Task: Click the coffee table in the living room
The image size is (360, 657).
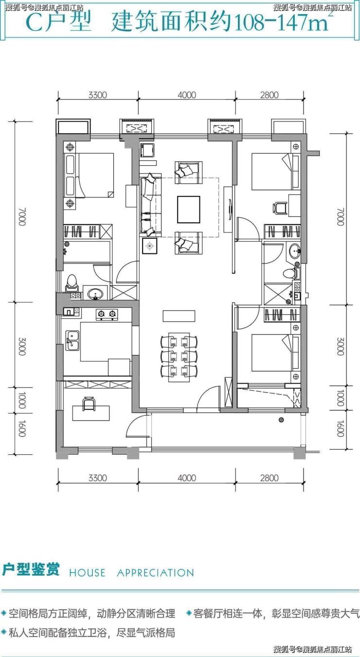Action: tap(188, 210)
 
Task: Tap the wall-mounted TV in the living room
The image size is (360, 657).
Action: tap(230, 209)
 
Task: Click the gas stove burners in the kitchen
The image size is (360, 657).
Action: tap(107, 314)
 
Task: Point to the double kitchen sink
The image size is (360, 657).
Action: tap(72, 340)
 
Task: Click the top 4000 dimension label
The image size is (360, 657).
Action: tap(187, 95)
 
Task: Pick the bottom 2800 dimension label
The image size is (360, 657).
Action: tap(270, 478)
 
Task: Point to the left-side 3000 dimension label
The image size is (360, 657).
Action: tap(22, 346)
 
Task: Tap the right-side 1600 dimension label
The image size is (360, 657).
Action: tap(340, 428)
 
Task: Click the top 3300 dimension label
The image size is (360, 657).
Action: tap(98, 95)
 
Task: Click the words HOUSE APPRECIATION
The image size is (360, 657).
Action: tap(131, 572)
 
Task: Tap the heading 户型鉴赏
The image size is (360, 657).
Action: tap(31, 569)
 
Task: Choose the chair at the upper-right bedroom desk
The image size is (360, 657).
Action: tap(279, 208)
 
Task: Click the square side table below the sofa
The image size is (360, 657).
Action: tap(150, 246)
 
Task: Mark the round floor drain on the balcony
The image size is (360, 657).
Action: tap(282, 420)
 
